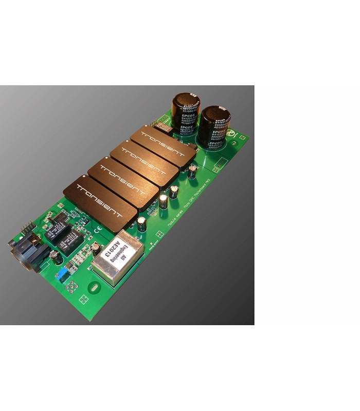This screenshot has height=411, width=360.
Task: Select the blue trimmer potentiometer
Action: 61,275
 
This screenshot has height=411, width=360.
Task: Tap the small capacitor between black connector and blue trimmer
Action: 53,255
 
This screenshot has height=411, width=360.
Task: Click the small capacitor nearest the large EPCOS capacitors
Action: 192,170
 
